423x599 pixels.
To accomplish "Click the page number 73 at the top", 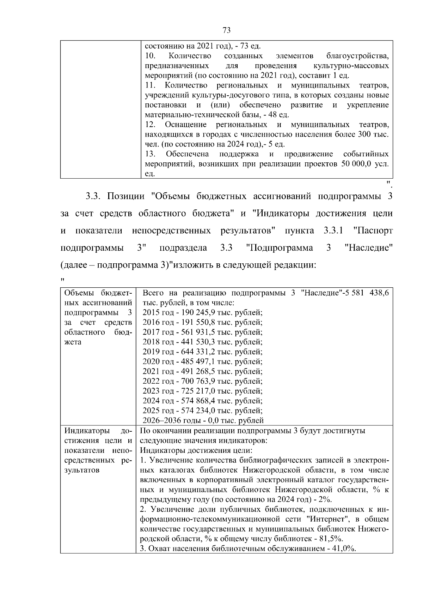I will click(227, 30).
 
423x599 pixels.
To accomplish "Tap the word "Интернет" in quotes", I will click(328, 519).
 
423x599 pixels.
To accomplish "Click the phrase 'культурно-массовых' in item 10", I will click(351, 66).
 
